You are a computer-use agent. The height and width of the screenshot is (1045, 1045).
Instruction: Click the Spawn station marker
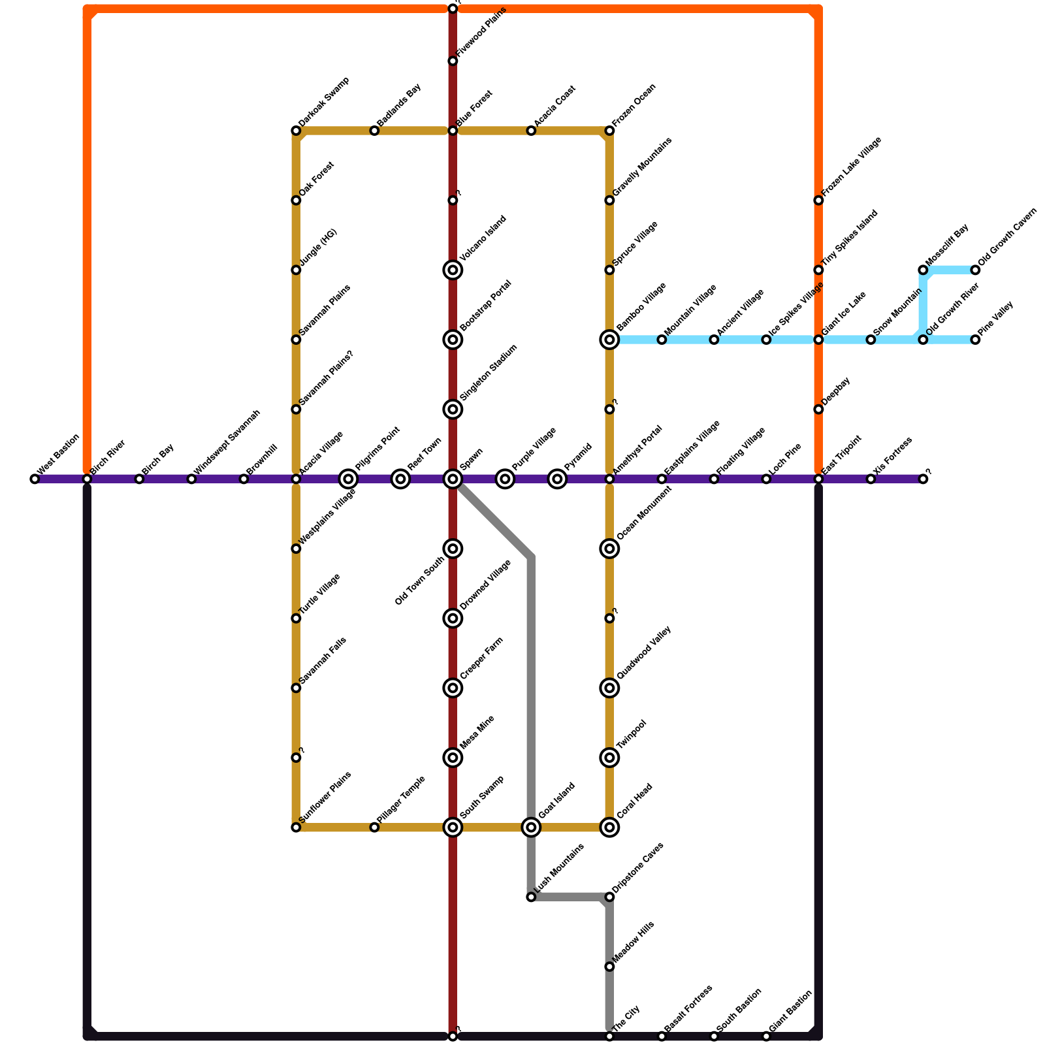[x=453, y=479]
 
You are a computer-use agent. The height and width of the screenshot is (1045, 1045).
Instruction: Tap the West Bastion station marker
[x=35, y=479]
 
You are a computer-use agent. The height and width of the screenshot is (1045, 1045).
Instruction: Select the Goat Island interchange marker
[x=532, y=828]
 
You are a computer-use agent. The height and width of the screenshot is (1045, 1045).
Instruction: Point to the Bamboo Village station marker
[x=609, y=340]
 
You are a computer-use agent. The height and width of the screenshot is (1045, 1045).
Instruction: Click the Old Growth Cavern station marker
[x=975, y=270]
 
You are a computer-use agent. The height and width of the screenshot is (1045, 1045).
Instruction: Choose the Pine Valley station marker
[x=975, y=340]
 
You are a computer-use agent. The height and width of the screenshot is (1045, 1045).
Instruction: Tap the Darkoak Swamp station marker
[x=296, y=131]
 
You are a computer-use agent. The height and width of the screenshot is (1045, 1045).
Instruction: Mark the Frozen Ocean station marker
[x=609, y=131]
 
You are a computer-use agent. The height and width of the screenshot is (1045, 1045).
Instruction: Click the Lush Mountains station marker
[x=531, y=897]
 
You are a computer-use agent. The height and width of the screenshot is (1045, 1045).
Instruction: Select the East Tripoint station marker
[x=818, y=479]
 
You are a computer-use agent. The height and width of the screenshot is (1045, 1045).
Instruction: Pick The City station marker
[x=609, y=1037]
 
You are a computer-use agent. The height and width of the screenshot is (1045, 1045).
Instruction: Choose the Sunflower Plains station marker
[x=296, y=828]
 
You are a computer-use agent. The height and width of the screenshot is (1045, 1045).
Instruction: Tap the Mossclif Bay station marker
[x=923, y=270]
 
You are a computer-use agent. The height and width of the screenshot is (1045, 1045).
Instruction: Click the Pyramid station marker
[x=557, y=479]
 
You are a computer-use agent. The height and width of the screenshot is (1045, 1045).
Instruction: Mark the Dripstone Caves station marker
[x=609, y=897]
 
